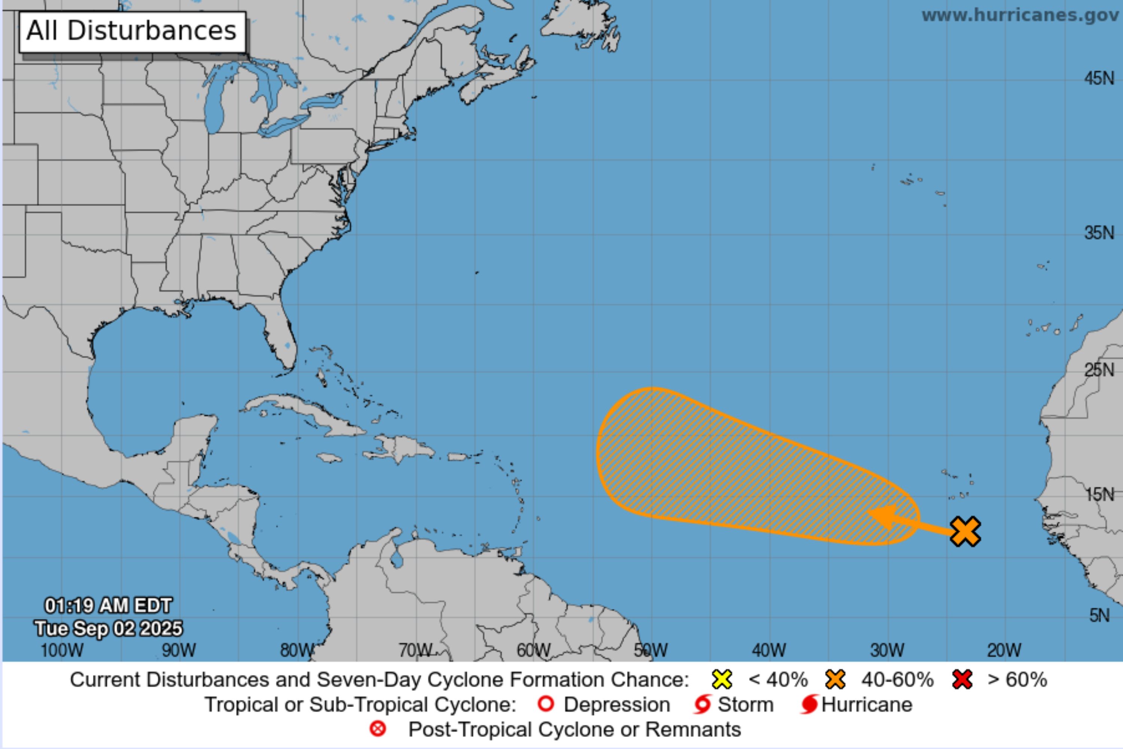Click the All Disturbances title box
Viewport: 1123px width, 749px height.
pyautogui.click(x=132, y=31)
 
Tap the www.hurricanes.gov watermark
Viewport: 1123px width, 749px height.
pyautogui.click(x=1021, y=15)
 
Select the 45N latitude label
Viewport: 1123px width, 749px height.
pyautogui.click(x=1099, y=78)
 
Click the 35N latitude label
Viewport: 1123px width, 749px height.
pyautogui.click(x=1099, y=233)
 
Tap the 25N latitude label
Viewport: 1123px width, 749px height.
pyautogui.click(x=1099, y=370)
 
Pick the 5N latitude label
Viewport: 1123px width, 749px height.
pyautogui.click(x=1099, y=615)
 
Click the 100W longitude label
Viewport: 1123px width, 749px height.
pyautogui.click(x=62, y=650)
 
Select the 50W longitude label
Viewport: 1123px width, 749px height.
pyautogui.click(x=651, y=650)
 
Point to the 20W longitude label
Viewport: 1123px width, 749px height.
pyautogui.click(x=1004, y=650)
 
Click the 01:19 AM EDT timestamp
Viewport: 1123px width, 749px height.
pyautogui.click(x=108, y=606)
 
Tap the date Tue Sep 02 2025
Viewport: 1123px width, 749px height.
pyautogui.click(x=108, y=628)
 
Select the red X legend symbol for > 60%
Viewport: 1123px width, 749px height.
pyautogui.click(x=962, y=679)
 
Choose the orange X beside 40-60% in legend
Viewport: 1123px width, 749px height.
pyautogui.click(x=835, y=679)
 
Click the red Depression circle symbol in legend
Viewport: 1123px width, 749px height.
pyautogui.click(x=546, y=704)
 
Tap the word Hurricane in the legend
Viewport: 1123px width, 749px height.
pyautogui.click(x=867, y=704)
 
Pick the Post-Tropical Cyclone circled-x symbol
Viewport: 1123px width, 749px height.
pyautogui.click(x=378, y=729)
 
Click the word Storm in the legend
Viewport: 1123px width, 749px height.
pyautogui.click(x=745, y=704)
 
